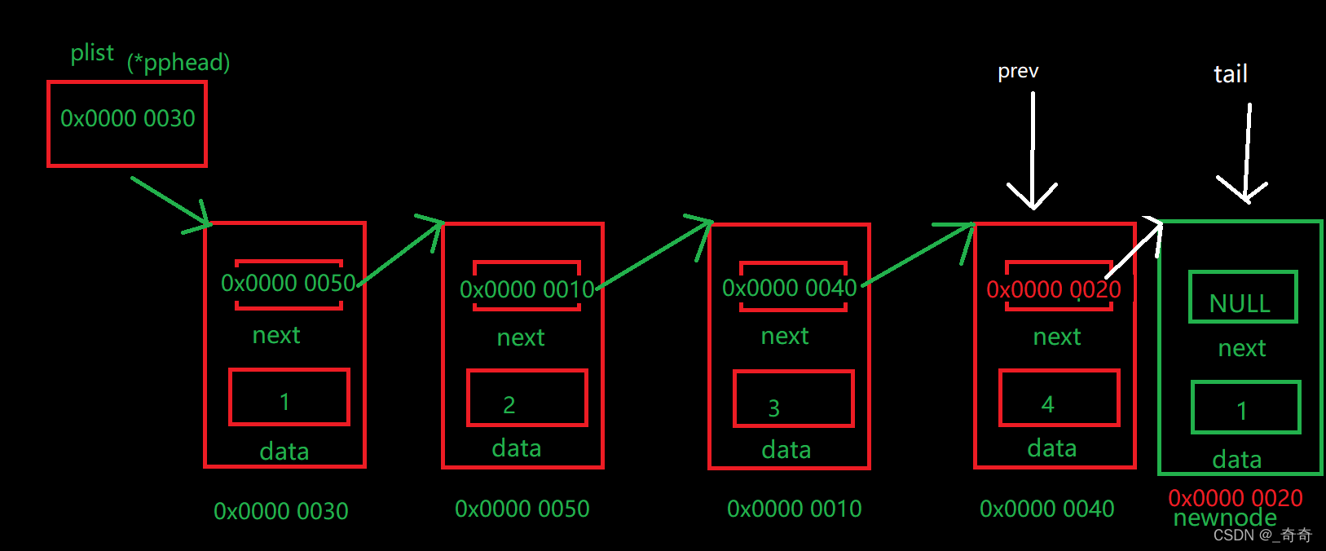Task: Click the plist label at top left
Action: coord(92,53)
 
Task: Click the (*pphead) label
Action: coord(178,63)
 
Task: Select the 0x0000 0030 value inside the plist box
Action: coord(128,119)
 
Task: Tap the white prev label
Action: coord(1018,72)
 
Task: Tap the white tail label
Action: coord(1230,74)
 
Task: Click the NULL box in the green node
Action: coord(1242,298)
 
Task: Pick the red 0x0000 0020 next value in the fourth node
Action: coord(1054,289)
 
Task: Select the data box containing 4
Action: coord(1059,398)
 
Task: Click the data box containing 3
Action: coord(793,399)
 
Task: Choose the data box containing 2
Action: coord(526,398)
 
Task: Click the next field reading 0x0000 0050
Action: coord(289,284)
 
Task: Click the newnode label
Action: coord(1225,518)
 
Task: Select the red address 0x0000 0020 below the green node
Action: coord(1236,497)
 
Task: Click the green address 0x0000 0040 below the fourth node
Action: coord(1046,509)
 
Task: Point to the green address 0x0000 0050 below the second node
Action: coord(522,509)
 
